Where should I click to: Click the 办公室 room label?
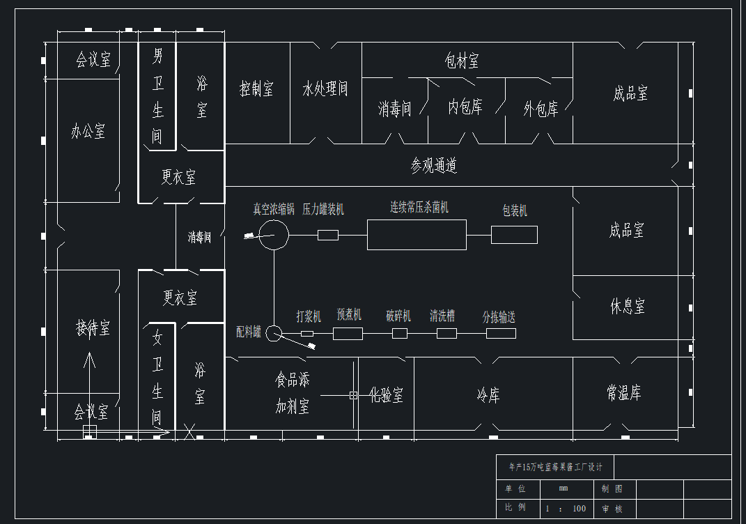point(88,131)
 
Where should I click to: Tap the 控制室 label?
point(256,89)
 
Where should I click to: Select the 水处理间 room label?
point(325,89)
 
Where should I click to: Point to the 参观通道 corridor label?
point(433,166)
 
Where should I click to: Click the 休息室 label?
point(628,306)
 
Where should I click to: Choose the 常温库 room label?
point(623,394)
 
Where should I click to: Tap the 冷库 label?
point(488,396)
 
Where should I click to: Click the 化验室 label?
point(386,396)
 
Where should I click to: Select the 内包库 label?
point(465,107)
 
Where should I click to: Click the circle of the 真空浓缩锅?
point(274,235)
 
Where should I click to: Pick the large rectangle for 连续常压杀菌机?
point(417,235)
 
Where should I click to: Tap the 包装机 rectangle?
point(514,235)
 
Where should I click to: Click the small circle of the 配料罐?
point(274,333)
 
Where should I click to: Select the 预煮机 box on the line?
point(348,334)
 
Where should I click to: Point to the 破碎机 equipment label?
point(398,316)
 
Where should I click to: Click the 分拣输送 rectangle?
point(501,333)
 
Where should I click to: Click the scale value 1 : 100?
point(566,509)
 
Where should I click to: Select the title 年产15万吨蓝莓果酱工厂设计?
point(556,467)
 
